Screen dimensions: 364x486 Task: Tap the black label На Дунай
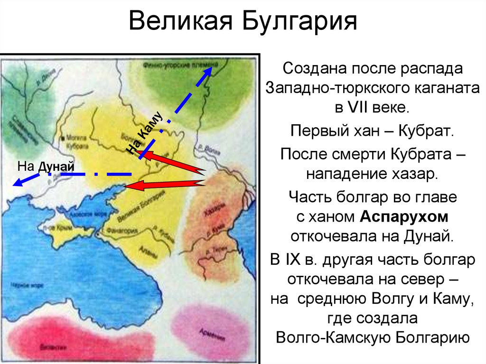(x=46, y=166)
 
